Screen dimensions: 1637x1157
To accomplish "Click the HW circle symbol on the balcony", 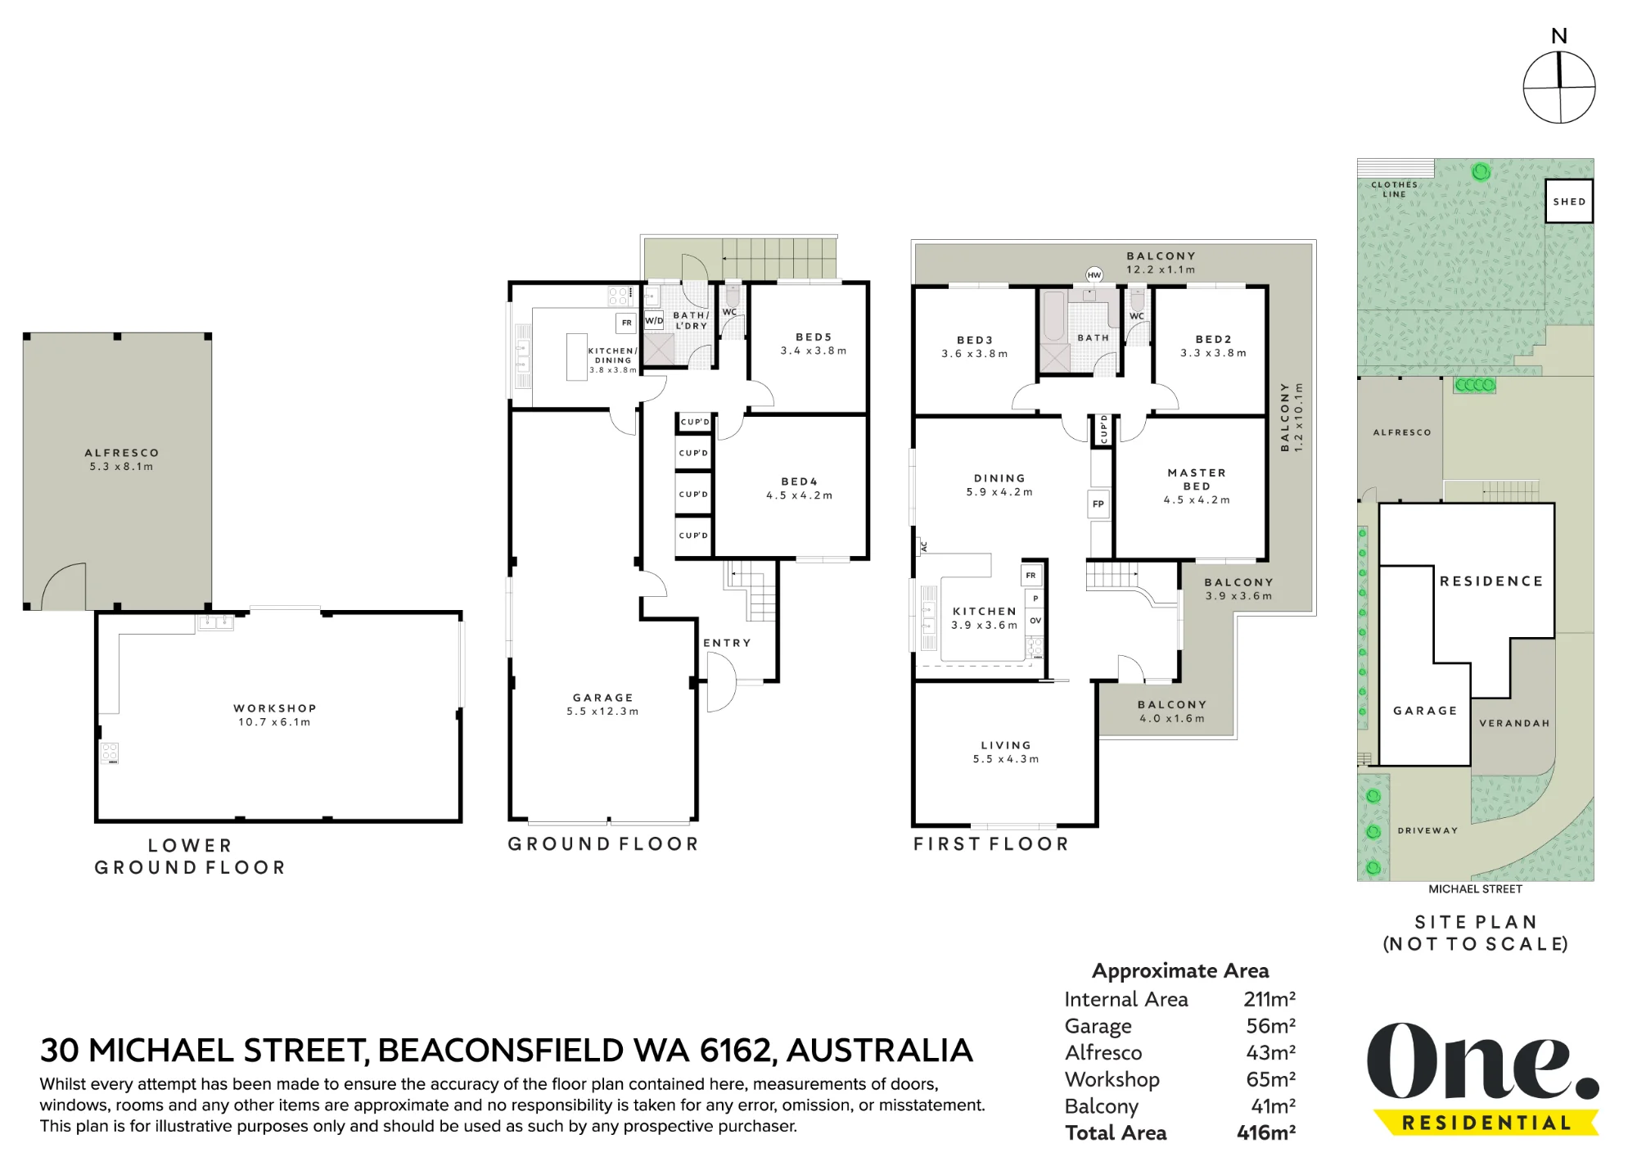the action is coord(1094,275).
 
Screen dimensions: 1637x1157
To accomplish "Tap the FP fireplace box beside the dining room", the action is coord(1098,504).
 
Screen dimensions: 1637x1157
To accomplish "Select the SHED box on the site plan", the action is coord(1569,201).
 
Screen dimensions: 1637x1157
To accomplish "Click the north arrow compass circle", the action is coord(1559,88).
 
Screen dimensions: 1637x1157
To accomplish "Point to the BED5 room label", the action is coord(814,337).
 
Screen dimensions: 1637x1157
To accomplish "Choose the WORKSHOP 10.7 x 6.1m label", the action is coord(275,715).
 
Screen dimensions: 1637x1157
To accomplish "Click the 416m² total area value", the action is coord(1266,1132).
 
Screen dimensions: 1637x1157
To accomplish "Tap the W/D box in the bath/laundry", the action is coord(654,321).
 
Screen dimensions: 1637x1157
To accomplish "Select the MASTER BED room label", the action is coord(1197,479).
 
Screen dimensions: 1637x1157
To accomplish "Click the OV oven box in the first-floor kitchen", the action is coord(1035,621).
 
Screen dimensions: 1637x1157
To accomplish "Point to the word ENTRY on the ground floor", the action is coord(727,643).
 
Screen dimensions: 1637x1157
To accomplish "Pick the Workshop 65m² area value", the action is coord(1271,1079).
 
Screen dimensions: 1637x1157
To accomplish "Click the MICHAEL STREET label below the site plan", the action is coord(1476,889).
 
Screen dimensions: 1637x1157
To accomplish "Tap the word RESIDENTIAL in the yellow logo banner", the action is coord(1486,1123).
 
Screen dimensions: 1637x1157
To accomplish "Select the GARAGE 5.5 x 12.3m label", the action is coord(603,704).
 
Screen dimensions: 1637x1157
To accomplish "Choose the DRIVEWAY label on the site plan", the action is coord(1427,830).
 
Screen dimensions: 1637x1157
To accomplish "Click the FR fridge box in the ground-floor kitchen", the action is coord(626,323).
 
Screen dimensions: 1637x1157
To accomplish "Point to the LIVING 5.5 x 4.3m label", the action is coord(1006,752).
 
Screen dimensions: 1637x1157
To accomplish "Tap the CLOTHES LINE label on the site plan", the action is coord(1394,189).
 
